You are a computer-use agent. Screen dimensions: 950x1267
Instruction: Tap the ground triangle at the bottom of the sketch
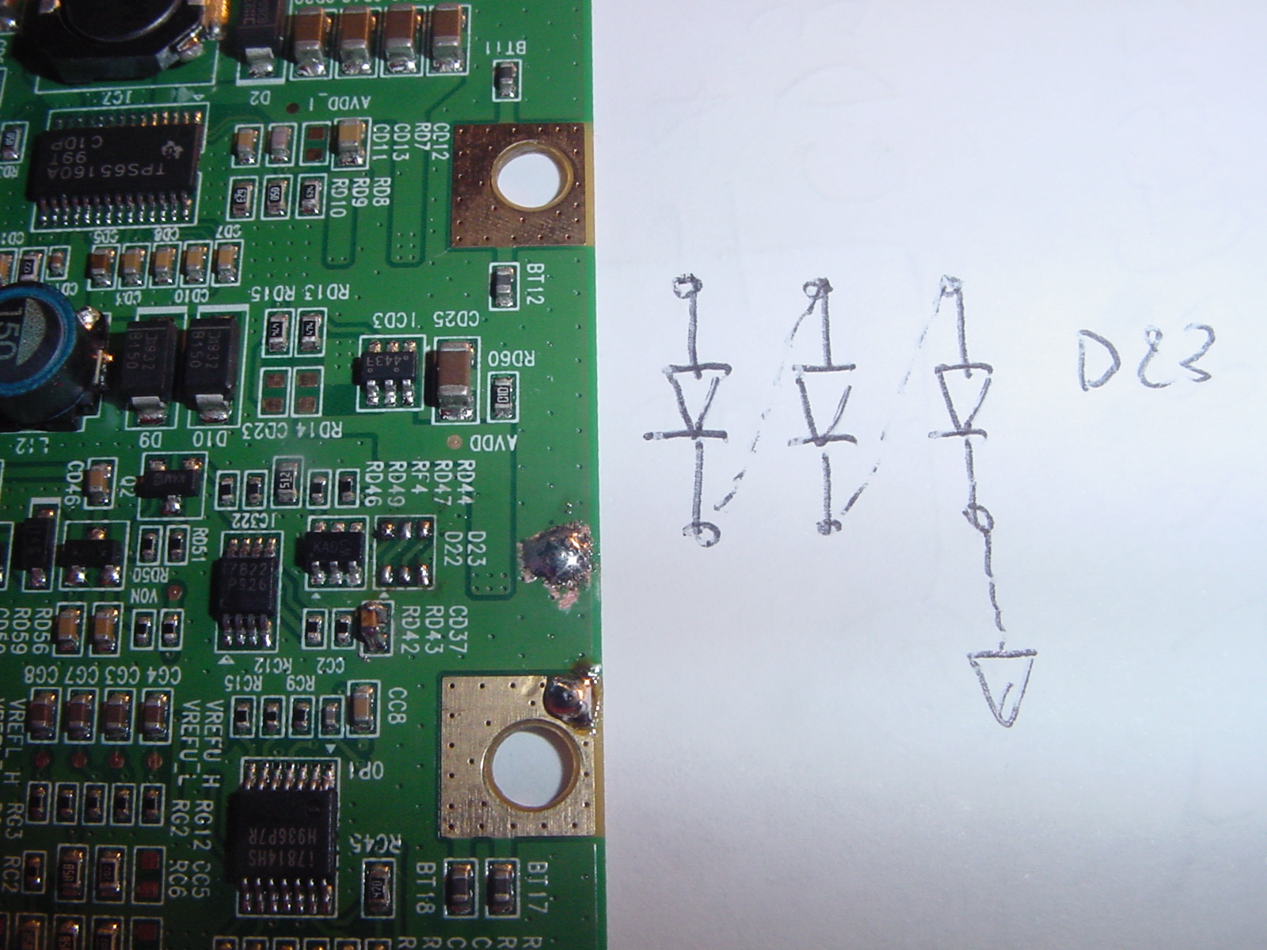(x=1003, y=686)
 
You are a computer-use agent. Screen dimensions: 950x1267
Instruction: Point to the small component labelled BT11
(x=506, y=79)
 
